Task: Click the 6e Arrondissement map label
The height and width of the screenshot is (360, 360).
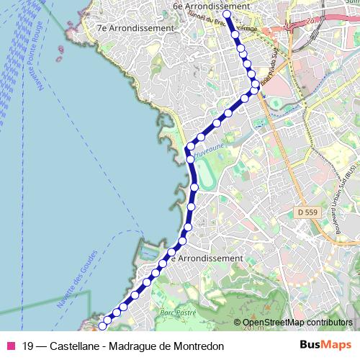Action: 211,6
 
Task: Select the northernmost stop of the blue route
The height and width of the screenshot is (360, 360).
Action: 226,14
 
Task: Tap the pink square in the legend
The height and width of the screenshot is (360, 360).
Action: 11,346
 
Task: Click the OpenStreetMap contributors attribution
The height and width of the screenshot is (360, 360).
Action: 297,323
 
